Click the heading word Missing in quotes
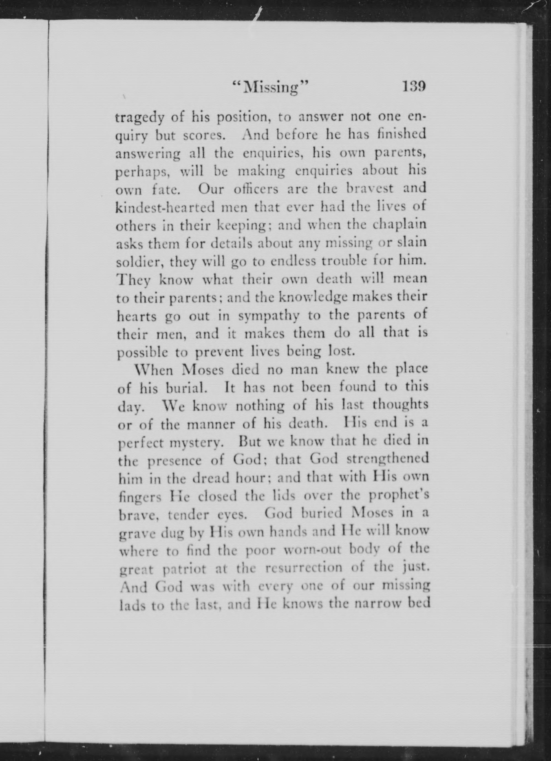(x=271, y=88)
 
